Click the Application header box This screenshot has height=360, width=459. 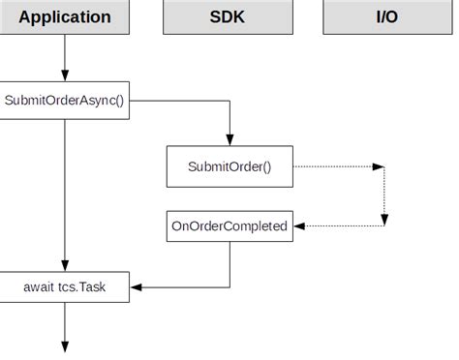[64, 17]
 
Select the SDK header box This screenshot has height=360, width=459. [228, 17]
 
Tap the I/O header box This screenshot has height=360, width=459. [387, 17]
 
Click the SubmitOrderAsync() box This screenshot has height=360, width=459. [64, 100]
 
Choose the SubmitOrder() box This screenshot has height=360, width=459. [229, 166]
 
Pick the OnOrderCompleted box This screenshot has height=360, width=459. [229, 226]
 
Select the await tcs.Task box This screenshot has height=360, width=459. [64, 286]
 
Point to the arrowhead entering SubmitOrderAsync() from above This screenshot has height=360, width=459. [65, 75]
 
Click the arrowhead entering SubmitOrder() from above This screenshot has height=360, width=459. [229, 140]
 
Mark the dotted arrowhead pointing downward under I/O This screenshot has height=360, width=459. [384, 221]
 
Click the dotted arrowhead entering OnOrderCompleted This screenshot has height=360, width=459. [298, 226]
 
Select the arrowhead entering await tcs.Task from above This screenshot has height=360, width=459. [65, 265]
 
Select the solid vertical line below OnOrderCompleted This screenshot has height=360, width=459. [229, 261]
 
